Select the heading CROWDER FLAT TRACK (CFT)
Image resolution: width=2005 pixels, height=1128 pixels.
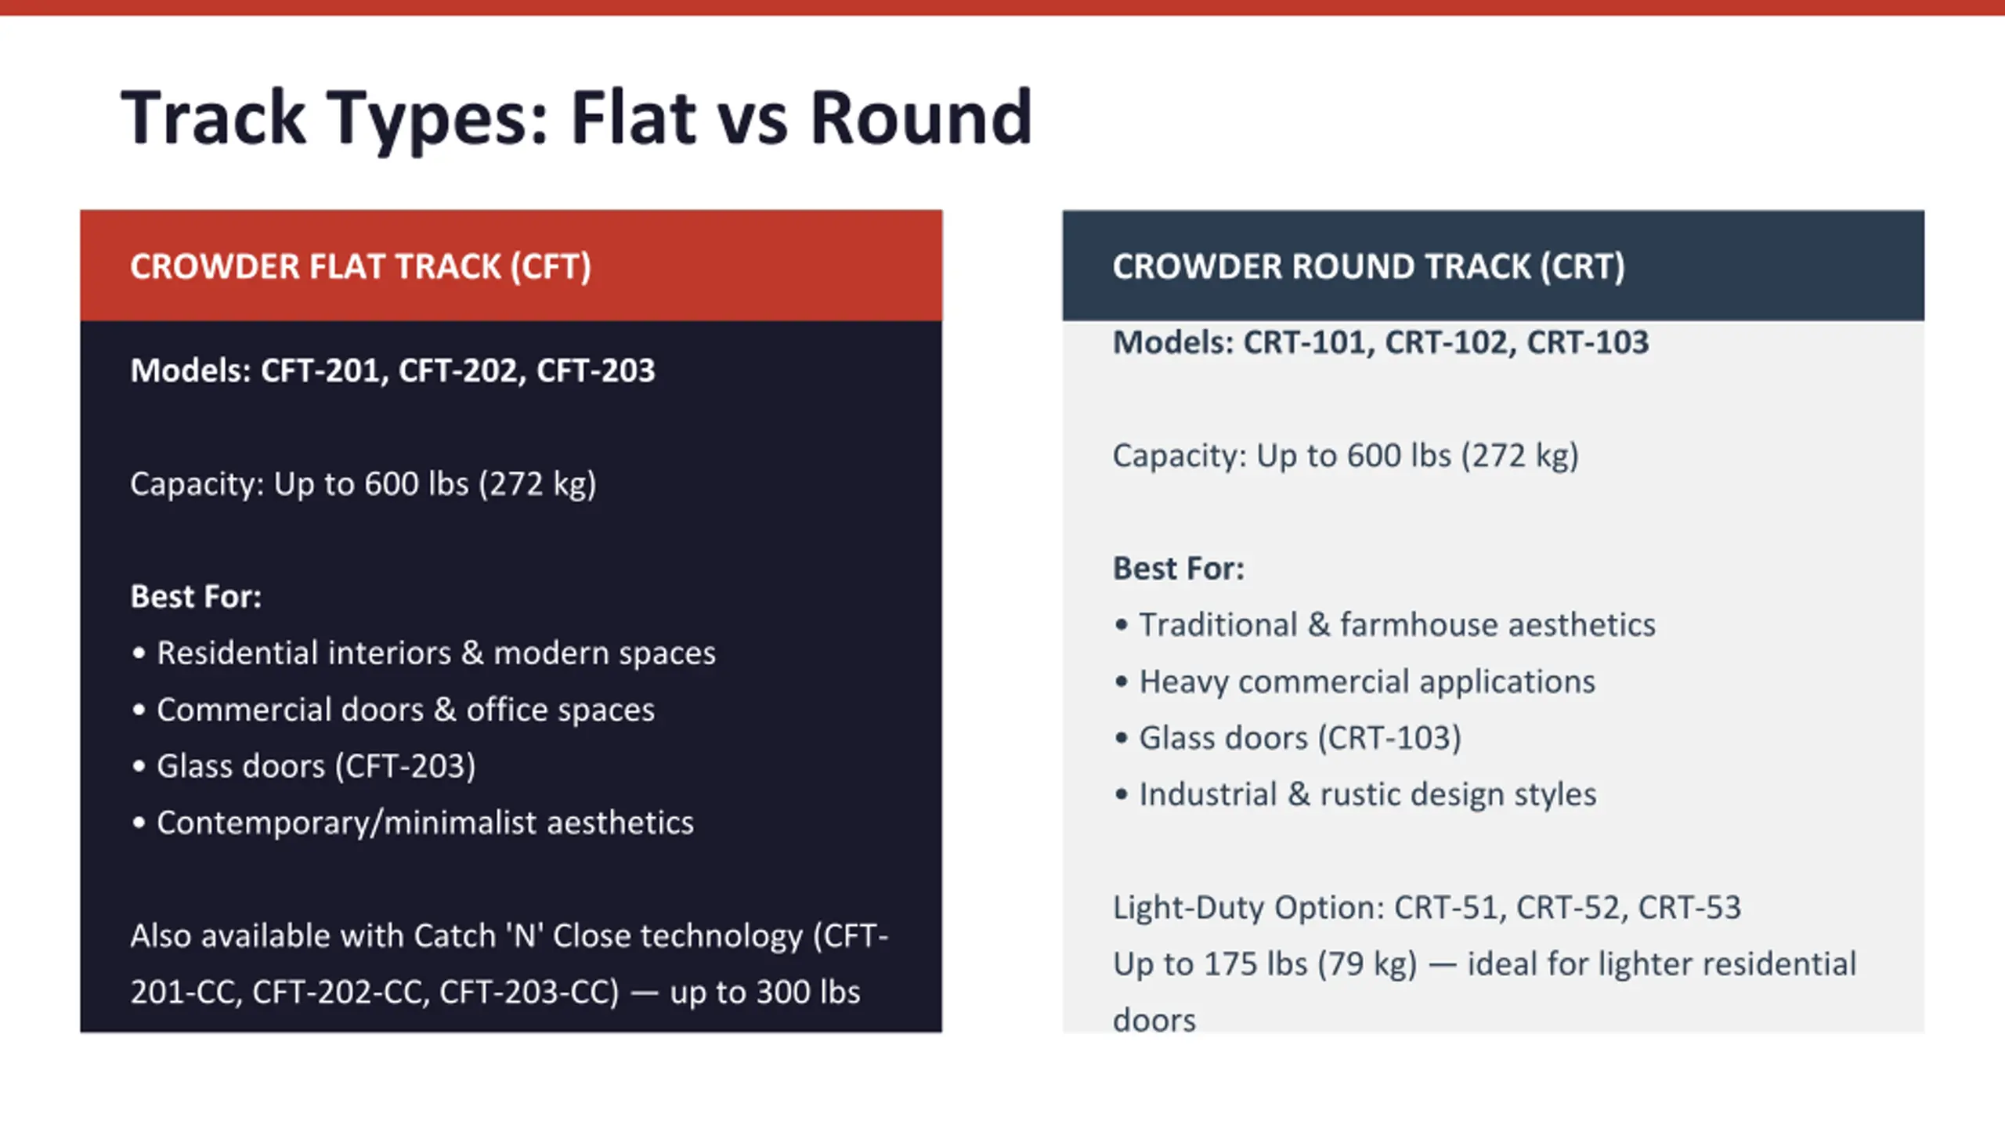coord(360,266)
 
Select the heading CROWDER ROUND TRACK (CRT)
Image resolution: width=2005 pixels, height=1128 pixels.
coord(1368,266)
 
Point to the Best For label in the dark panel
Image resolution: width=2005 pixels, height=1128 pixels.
coord(196,597)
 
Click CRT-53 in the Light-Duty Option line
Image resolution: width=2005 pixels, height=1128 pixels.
coord(1689,908)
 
